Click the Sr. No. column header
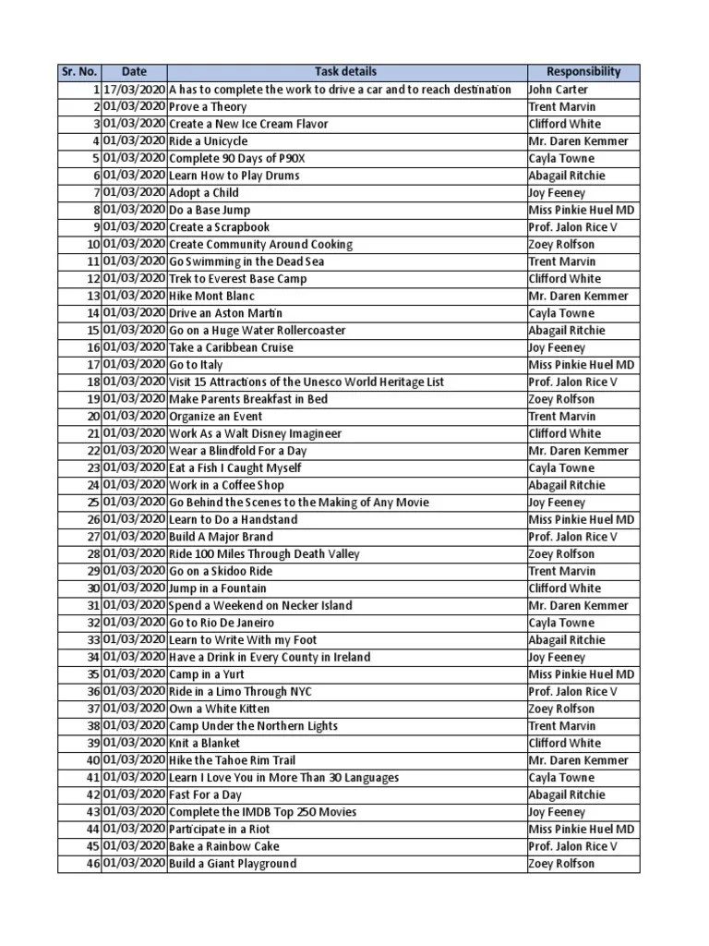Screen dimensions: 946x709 [x=79, y=72]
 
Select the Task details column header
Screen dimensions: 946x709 [x=345, y=72]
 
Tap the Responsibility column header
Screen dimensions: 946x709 [x=583, y=72]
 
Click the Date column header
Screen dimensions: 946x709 [x=134, y=72]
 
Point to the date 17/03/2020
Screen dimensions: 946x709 [x=135, y=90]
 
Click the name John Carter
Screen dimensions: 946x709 [x=558, y=90]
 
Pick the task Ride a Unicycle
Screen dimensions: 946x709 [x=208, y=141]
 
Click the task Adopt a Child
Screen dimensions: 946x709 [x=203, y=193]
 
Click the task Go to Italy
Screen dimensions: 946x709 [x=196, y=365]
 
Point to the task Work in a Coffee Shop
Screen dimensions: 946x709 [x=226, y=485]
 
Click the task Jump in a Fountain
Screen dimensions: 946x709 [x=218, y=588]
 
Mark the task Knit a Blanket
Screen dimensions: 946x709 [x=204, y=743]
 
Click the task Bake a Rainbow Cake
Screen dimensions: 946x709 [x=223, y=846]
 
